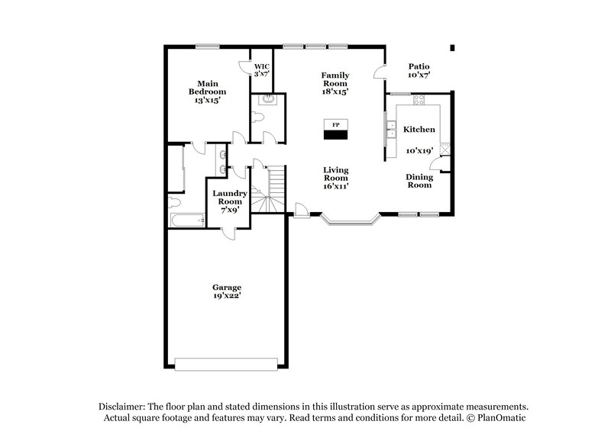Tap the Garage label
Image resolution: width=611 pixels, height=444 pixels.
[227, 287]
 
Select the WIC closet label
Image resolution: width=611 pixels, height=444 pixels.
[261, 66]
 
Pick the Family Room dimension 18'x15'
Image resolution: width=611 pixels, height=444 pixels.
[335, 92]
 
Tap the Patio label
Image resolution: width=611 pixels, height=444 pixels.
[419, 66]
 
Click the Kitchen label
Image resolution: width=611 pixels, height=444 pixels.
[419, 130]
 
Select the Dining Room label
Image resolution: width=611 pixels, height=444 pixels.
[419, 181]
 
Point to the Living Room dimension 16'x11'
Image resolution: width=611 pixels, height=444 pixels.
[335, 185]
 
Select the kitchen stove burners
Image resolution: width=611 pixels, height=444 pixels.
[445, 152]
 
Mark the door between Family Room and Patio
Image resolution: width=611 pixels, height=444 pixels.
[379, 72]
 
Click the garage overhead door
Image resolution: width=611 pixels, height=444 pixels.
[227, 362]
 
